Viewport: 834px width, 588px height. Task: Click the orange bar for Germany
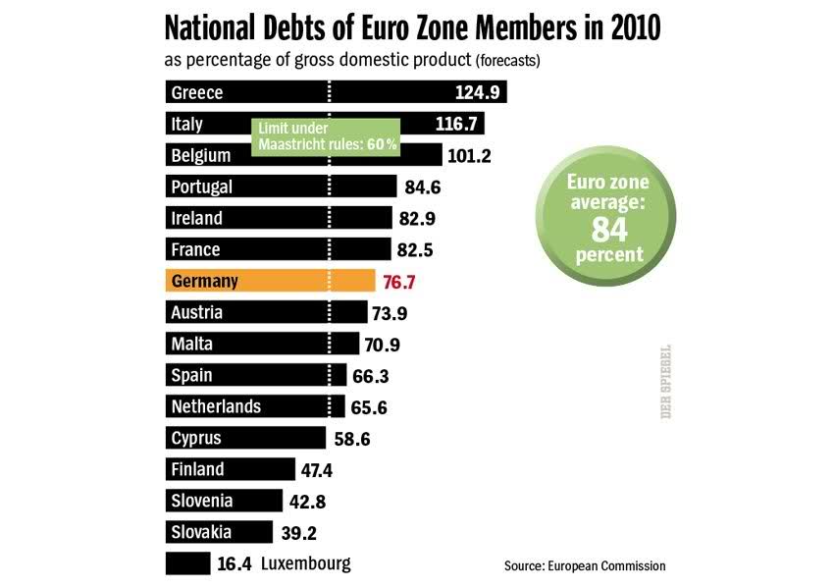point(270,282)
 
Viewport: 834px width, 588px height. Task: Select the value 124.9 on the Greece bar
point(478,93)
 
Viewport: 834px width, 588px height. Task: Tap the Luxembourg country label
point(305,563)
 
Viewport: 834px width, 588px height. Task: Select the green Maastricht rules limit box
point(327,136)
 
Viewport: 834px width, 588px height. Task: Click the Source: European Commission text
point(585,565)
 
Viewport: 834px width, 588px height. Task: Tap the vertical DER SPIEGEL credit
point(665,382)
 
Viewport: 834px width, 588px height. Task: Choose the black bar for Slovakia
point(219,532)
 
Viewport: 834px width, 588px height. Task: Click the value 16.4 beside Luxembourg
point(234,563)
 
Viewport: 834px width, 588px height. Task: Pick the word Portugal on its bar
point(201,187)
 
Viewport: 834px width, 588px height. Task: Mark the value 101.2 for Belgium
point(470,155)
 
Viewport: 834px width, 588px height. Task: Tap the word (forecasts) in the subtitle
point(508,61)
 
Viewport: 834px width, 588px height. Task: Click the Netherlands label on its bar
point(216,406)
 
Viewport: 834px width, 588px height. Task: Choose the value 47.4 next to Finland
point(317,470)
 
